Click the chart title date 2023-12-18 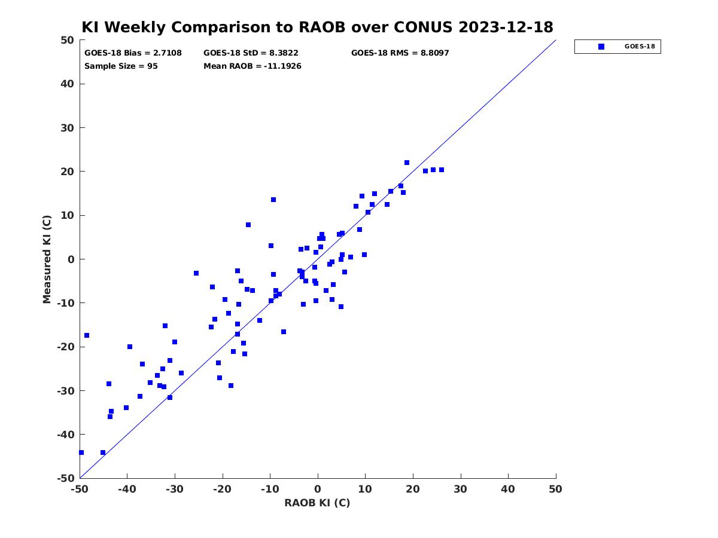tap(506, 27)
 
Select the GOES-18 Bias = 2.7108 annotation tap(133, 53)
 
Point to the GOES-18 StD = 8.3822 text tap(251, 53)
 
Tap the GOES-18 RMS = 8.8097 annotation tap(400, 53)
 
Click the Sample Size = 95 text tap(121, 66)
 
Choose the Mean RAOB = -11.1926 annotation tap(252, 66)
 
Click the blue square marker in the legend tap(601, 47)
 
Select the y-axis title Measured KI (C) tap(47, 259)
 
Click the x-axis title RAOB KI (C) tap(317, 503)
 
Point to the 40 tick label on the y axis tap(67, 84)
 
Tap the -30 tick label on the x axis tap(175, 489)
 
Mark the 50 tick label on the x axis tap(555, 489)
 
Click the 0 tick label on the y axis tap(71, 259)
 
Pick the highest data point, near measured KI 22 tap(407, 163)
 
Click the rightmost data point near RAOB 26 tap(441, 170)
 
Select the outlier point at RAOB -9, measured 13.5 tap(273, 200)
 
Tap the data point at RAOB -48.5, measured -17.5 tap(87, 335)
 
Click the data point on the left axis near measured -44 tap(81, 453)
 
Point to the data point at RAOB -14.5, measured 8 tap(248, 225)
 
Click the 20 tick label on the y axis tap(67, 172)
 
